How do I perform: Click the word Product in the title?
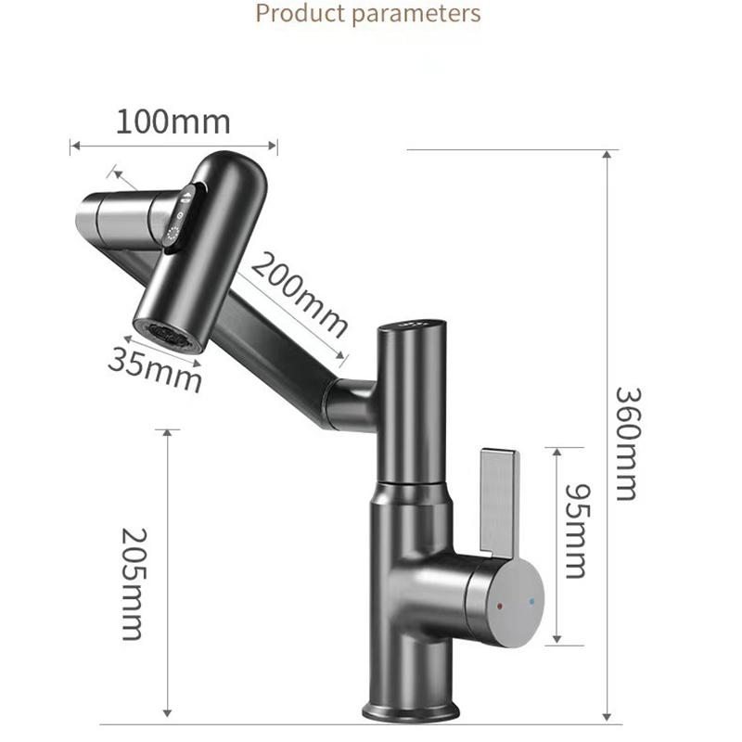296,14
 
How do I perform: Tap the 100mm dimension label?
173,122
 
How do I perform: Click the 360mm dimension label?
626,442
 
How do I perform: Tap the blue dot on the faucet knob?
531,602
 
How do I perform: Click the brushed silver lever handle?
499,502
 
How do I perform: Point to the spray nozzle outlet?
168,335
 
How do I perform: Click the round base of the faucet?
410,710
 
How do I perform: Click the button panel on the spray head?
178,219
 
